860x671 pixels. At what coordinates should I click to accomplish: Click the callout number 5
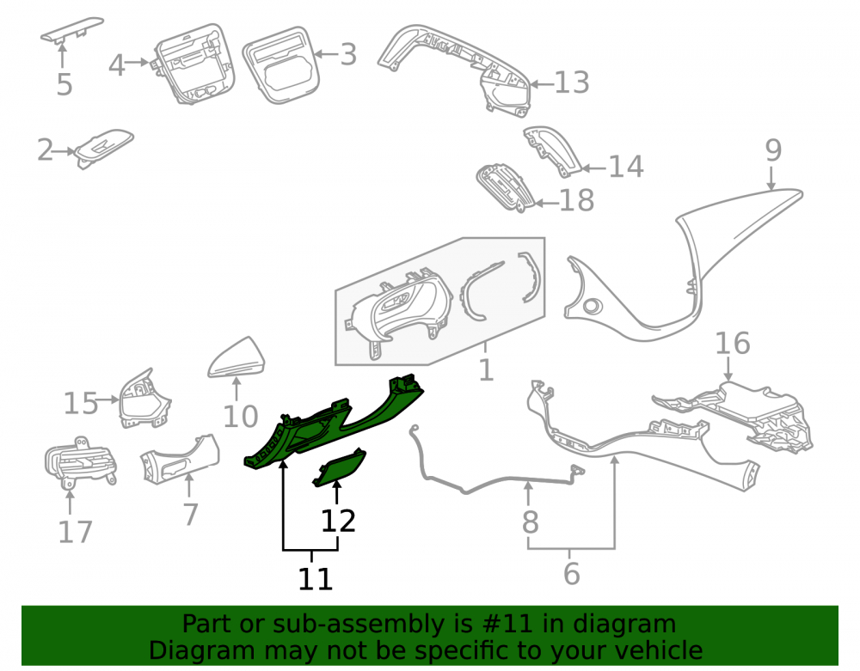[x=64, y=84]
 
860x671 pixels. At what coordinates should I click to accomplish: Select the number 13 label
[x=572, y=82]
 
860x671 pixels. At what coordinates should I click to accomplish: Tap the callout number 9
[x=773, y=149]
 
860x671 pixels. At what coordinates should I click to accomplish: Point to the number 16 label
[x=733, y=344]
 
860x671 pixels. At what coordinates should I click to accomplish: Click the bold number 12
[x=338, y=521]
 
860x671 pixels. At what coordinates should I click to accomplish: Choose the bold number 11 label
[x=316, y=578]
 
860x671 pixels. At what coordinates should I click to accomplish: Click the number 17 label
[x=75, y=532]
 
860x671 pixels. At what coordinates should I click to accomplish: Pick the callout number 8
[x=530, y=522]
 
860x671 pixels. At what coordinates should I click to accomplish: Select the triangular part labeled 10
[x=237, y=358]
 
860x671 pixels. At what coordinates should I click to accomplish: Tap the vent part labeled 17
[x=80, y=461]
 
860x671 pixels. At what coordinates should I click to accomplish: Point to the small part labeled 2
[x=104, y=148]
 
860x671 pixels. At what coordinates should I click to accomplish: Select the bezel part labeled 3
[x=281, y=64]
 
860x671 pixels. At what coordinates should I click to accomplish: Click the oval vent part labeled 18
[x=505, y=186]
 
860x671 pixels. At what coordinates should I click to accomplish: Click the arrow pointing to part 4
[x=138, y=63]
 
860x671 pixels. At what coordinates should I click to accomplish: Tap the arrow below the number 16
[x=728, y=369]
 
